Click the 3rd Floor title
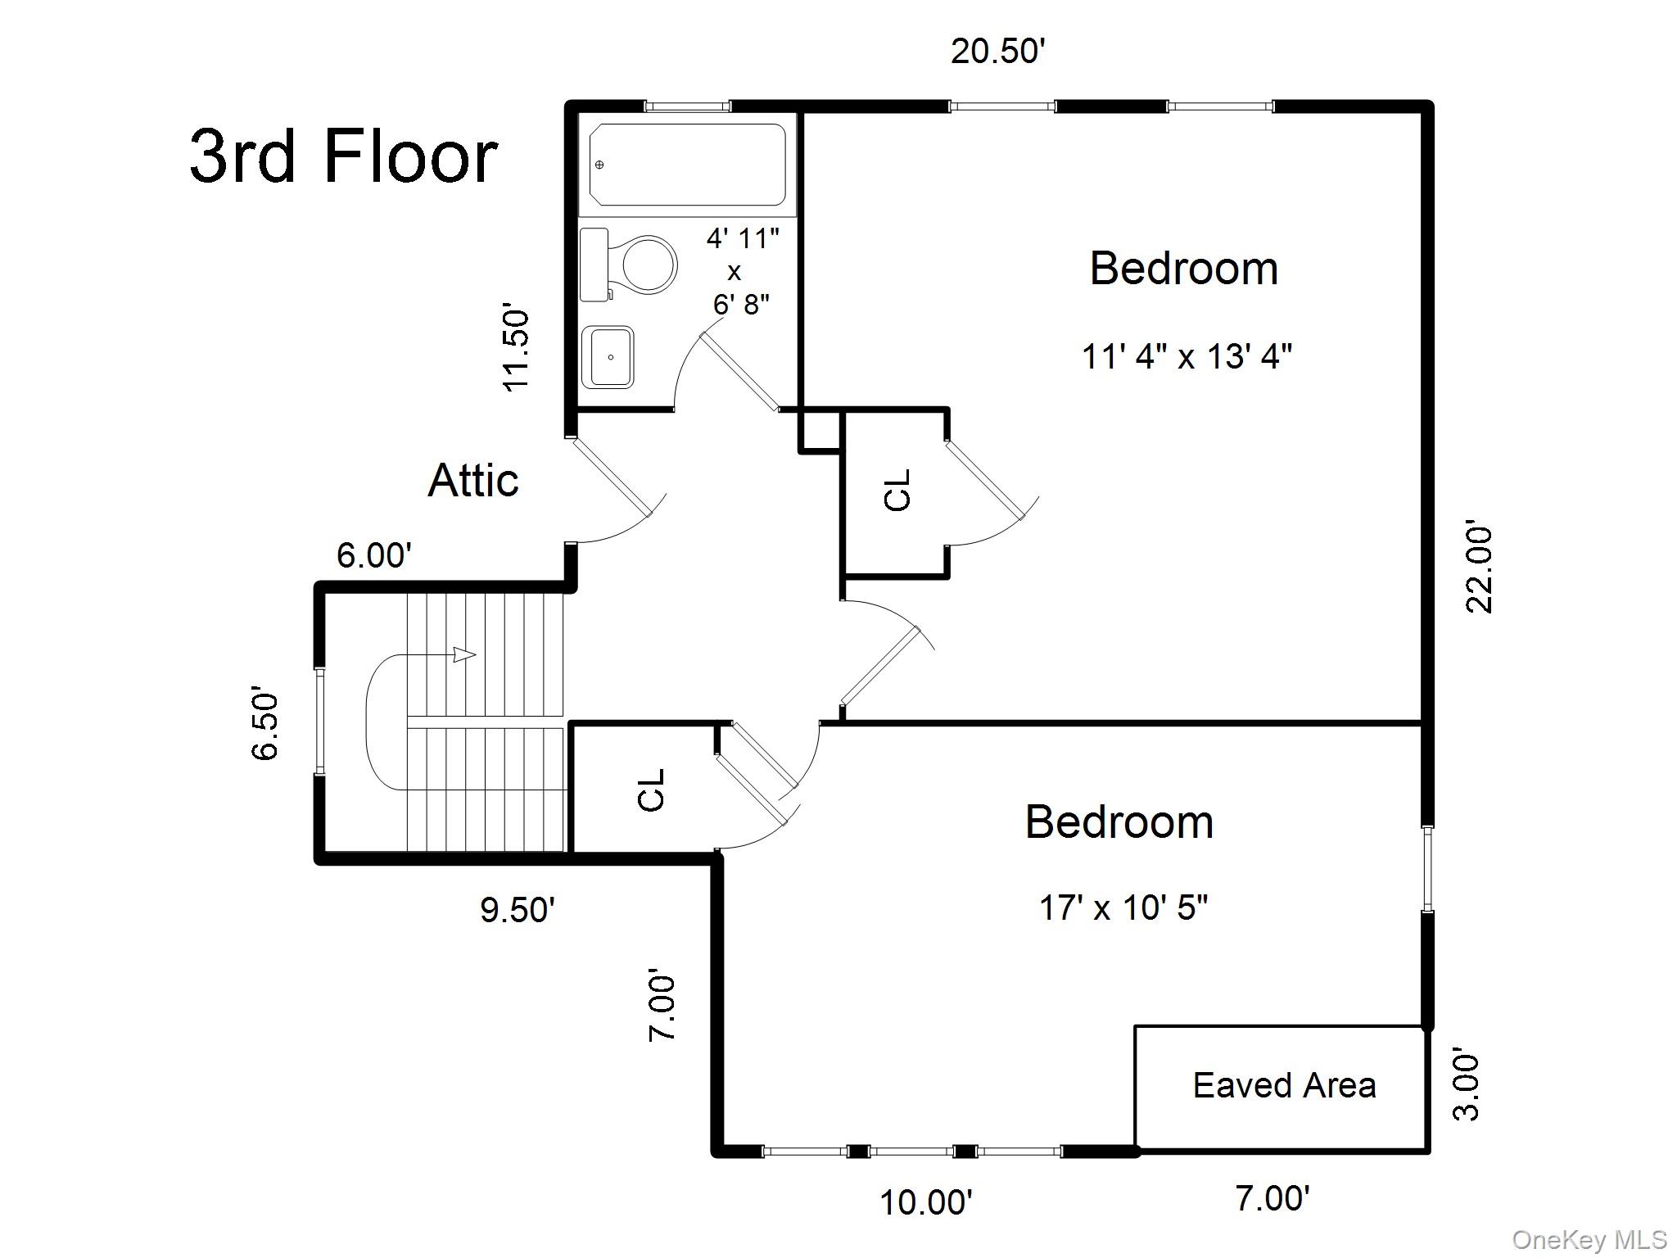[x=343, y=156]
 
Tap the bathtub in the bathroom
[x=687, y=165]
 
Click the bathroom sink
[x=608, y=357]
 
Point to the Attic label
[x=472, y=481]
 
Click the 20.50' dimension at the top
[x=997, y=52]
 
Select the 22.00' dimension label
[x=1480, y=570]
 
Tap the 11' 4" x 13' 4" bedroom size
[x=1187, y=357]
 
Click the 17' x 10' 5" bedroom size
[x=1123, y=908]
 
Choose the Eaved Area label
[x=1283, y=1086]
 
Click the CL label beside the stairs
[x=652, y=790]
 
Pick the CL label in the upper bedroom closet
[x=897, y=490]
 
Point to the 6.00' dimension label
[x=373, y=556]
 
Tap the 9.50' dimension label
[x=518, y=910]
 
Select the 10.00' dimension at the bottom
[x=925, y=1203]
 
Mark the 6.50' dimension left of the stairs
[x=266, y=723]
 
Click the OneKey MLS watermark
[x=1589, y=1240]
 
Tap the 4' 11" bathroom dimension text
[x=742, y=239]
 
